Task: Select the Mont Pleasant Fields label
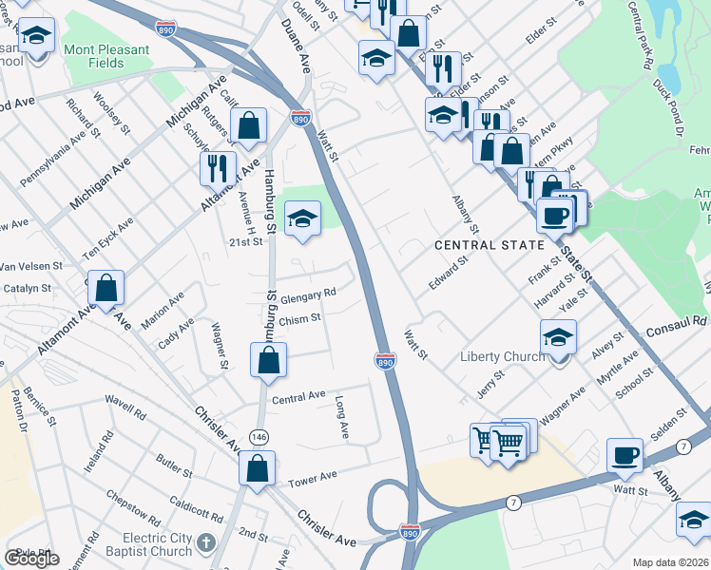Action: click(106, 56)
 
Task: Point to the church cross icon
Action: click(211, 544)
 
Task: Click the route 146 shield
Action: click(258, 435)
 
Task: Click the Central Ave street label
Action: click(298, 395)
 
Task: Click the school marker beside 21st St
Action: click(303, 219)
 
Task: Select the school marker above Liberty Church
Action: click(558, 336)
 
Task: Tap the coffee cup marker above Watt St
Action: click(626, 455)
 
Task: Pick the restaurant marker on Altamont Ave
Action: click(218, 168)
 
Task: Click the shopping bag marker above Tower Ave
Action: click(258, 467)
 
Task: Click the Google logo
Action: click(32, 559)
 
